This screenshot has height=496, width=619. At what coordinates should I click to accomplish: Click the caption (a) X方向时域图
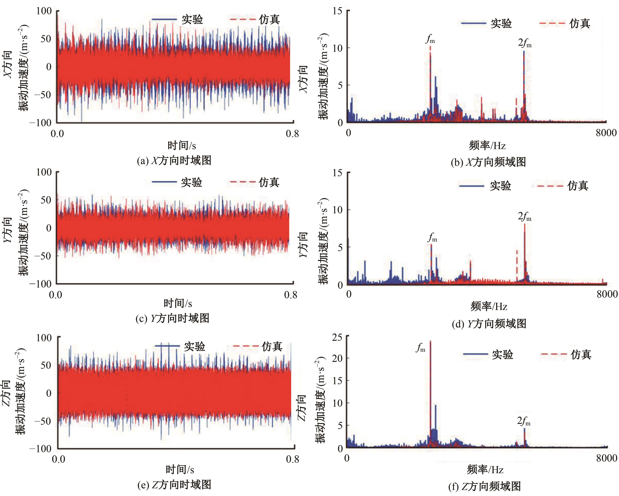click(174, 160)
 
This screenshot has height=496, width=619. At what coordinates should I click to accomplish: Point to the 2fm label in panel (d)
click(524, 216)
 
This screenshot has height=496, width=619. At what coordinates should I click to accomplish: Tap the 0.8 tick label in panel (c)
click(291, 295)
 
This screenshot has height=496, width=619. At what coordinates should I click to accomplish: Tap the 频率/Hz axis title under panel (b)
click(487, 146)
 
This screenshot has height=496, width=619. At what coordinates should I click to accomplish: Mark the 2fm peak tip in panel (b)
click(524, 52)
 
